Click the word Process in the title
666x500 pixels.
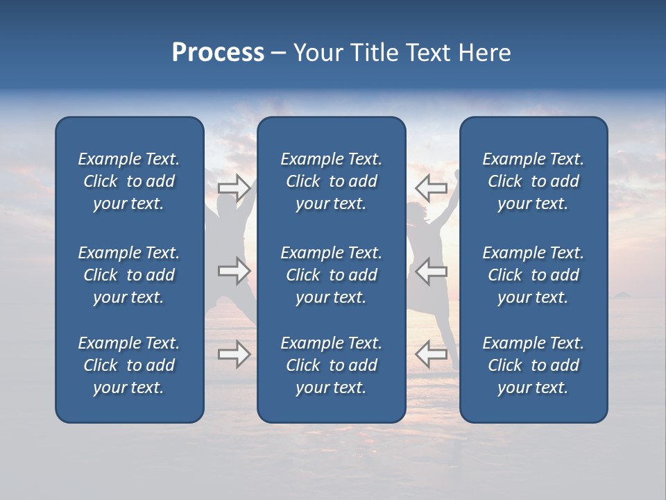[x=218, y=53]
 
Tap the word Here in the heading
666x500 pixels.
[x=484, y=53]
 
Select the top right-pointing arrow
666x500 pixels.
[x=234, y=187]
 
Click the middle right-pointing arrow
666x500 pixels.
[x=234, y=271]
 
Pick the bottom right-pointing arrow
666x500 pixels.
[x=234, y=354]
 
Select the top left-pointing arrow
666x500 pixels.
[x=431, y=187]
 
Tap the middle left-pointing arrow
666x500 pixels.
[x=431, y=271]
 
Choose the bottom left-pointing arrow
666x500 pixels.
[x=431, y=354]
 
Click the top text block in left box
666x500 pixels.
[x=129, y=181]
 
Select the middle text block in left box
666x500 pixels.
[x=129, y=275]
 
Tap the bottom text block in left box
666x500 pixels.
[x=129, y=365]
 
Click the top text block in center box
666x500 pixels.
[x=331, y=181]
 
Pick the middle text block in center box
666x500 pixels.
[x=331, y=275]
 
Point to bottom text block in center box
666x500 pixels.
[x=331, y=365]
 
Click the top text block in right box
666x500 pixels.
[x=533, y=181]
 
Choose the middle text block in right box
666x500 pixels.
[x=533, y=275]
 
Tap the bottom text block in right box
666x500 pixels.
[x=533, y=365]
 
